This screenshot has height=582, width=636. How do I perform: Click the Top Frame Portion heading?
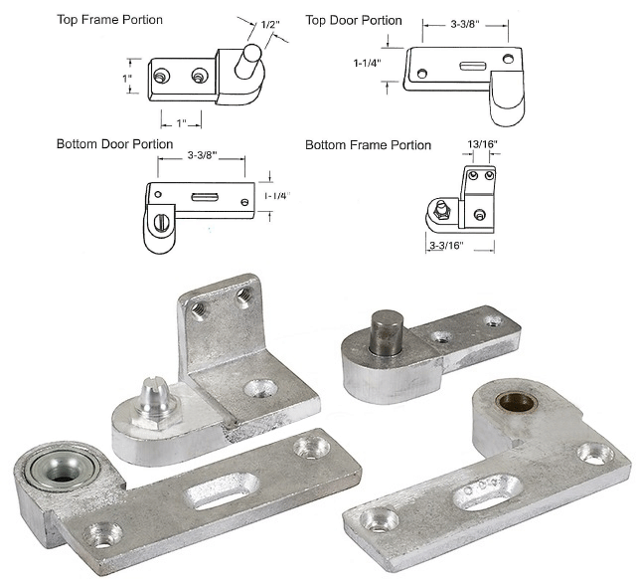click(x=109, y=20)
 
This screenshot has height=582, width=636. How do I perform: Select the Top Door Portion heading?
click(x=354, y=20)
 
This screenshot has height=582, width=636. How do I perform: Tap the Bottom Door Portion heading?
click(x=115, y=144)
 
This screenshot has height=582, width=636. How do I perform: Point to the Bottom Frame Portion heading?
click(x=368, y=145)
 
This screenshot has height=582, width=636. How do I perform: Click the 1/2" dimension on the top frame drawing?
click(x=270, y=25)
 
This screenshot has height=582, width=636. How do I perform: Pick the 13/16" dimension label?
click(x=482, y=144)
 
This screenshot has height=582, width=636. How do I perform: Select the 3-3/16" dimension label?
click(x=446, y=246)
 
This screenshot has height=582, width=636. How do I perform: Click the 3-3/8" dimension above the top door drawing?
click(x=465, y=24)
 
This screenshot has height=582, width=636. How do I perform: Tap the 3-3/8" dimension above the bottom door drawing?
click(x=203, y=155)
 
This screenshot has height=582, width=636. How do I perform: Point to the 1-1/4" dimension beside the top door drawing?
click(x=368, y=63)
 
